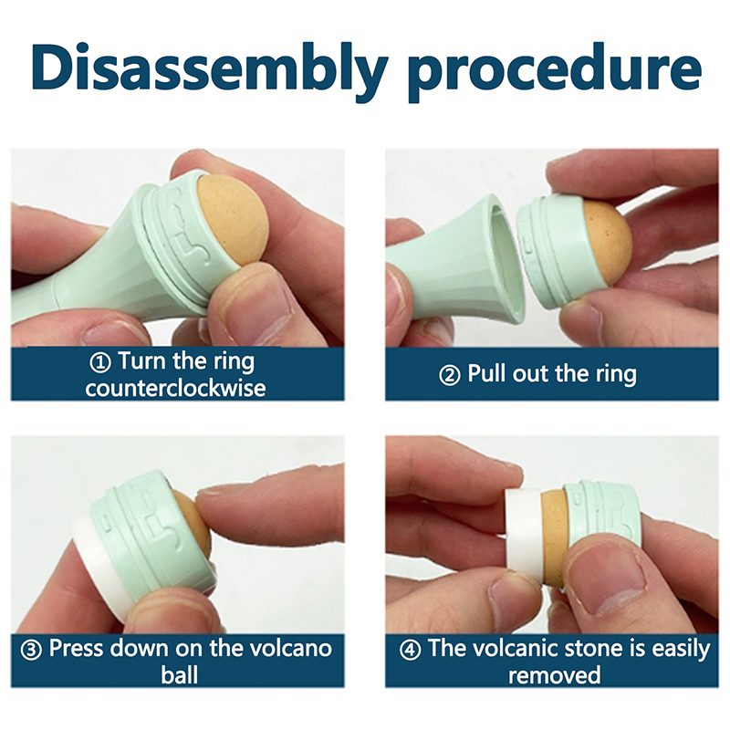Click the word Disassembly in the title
click(210, 69)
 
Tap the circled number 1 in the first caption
click(100, 362)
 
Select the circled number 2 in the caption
click(450, 375)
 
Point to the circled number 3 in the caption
click(32, 650)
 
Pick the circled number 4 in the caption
click(410, 650)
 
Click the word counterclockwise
click(175, 389)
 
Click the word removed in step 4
click(554, 675)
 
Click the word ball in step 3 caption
click(180, 675)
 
